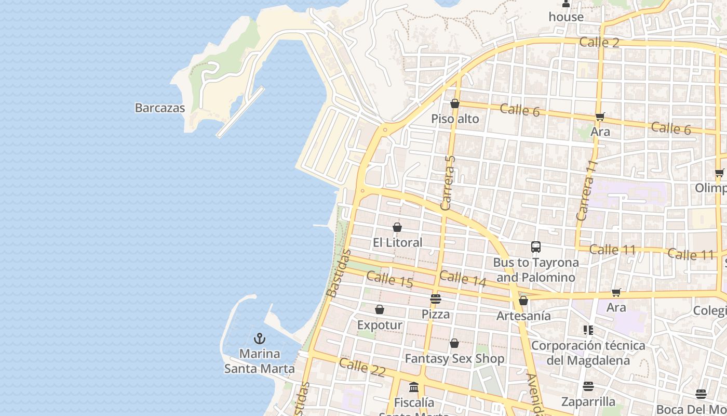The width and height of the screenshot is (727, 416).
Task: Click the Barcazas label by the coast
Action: click(x=160, y=108)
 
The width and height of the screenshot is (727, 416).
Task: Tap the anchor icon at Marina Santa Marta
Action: click(x=259, y=339)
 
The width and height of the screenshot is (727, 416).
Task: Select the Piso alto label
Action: click(x=455, y=119)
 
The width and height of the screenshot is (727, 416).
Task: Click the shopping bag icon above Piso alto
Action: click(x=455, y=104)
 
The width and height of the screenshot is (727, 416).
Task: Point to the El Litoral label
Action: click(x=398, y=242)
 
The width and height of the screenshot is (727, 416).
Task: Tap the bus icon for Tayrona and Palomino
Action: click(x=536, y=247)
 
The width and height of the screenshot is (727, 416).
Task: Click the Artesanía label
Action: click(x=523, y=316)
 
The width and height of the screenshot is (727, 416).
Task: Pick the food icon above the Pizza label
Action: click(x=436, y=299)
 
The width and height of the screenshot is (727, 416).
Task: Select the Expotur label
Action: click(x=380, y=325)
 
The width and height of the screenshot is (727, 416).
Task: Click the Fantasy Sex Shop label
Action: click(x=454, y=359)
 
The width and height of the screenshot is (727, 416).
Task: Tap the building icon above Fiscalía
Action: click(x=414, y=387)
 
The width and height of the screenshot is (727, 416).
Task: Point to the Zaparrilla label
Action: click(x=588, y=401)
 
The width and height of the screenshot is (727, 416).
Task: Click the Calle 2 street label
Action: click(x=599, y=42)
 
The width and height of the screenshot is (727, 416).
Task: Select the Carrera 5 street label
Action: click(x=448, y=183)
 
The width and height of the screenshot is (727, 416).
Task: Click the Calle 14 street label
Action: click(x=463, y=278)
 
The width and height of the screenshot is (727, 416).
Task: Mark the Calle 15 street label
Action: click(x=389, y=279)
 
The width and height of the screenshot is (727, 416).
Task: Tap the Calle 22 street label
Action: click(x=362, y=367)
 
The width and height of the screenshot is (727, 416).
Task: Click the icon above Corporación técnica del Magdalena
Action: click(x=588, y=330)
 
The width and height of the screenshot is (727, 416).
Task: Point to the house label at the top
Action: click(x=566, y=17)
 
